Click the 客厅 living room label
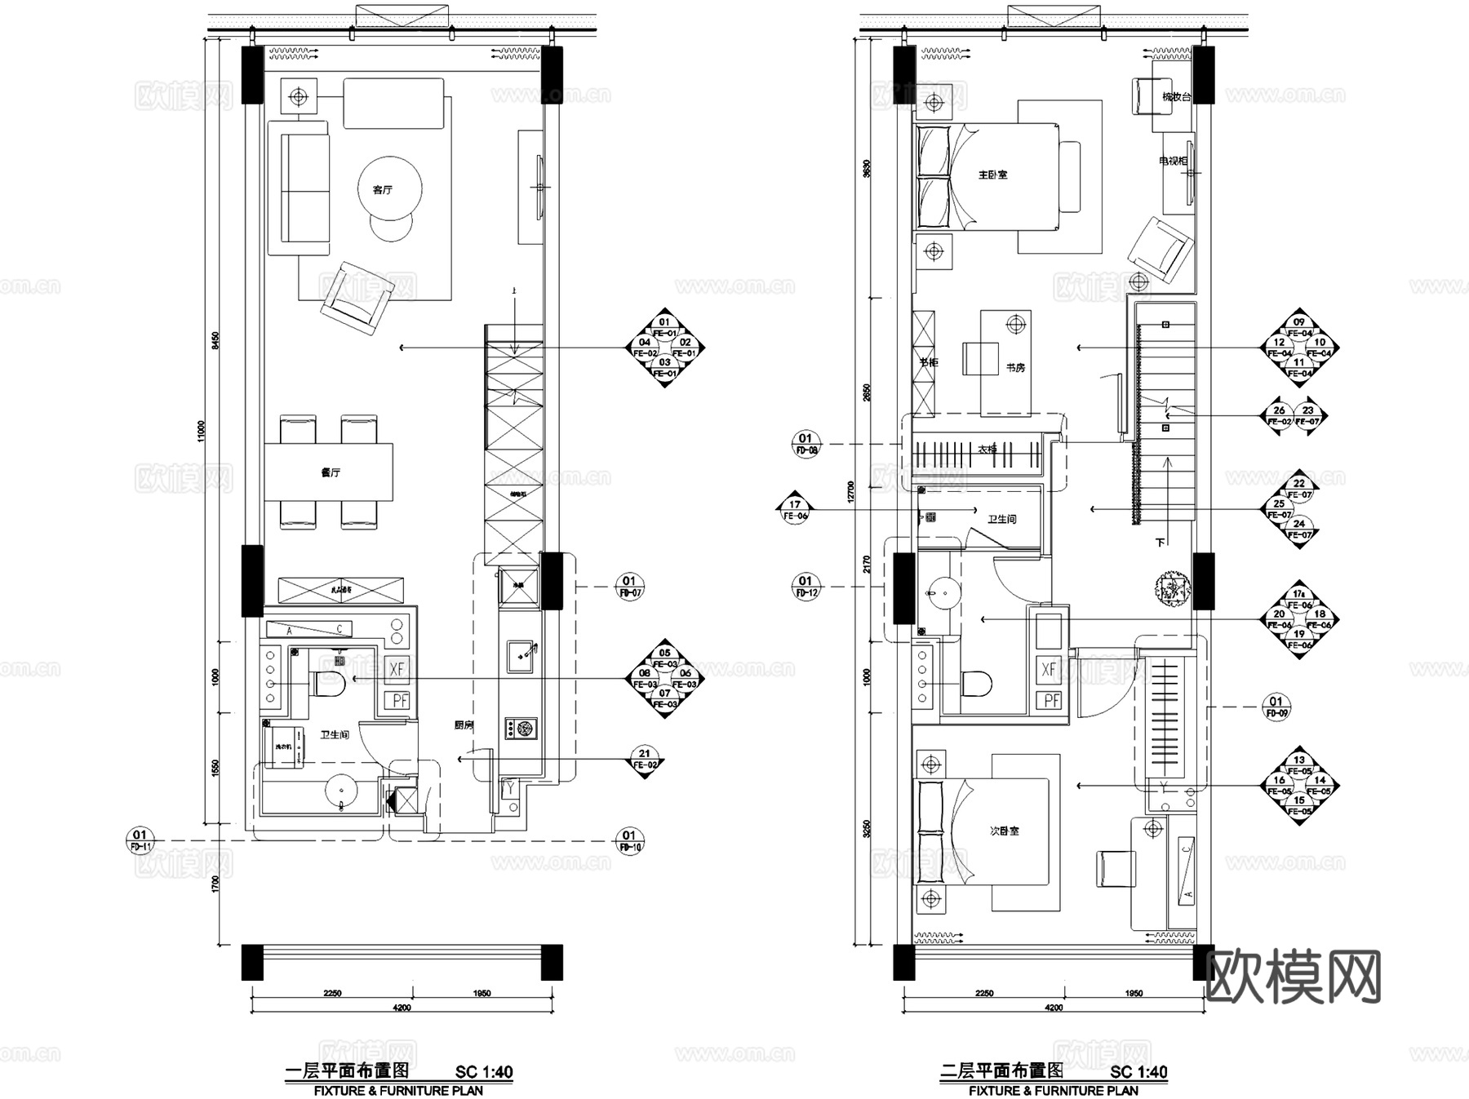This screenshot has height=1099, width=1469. click(382, 189)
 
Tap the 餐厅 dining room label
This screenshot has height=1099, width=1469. click(330, 472)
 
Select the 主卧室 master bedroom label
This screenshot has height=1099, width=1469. click(992, 175)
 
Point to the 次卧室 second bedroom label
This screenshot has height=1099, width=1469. click(1004, 831)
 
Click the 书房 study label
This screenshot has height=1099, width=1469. click(1014, 368)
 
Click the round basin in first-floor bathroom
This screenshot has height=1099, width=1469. click(340, 790)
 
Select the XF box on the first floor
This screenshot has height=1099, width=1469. click(397, 670)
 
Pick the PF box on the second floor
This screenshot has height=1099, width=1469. click(1050, 700)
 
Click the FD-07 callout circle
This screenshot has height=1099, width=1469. click(628, 587)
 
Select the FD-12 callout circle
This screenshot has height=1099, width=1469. click(805, 587)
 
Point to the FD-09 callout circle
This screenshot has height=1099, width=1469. click(1276, 707)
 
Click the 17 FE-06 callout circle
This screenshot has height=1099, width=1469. click(795, 510)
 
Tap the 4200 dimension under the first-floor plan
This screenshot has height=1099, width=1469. click(401, 1008)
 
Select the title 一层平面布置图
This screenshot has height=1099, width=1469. click(347, 1071)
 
